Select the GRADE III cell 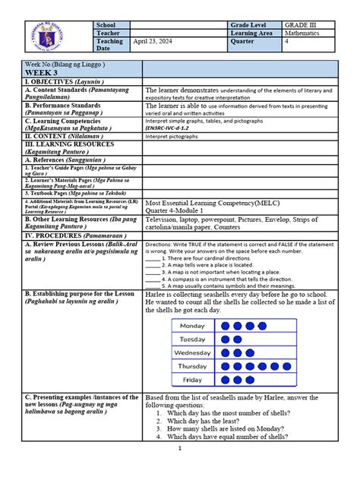302,26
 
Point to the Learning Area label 255,34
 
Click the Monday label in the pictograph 193,326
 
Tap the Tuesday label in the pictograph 193,339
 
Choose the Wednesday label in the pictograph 193,353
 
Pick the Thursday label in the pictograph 193,366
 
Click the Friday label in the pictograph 193,380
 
